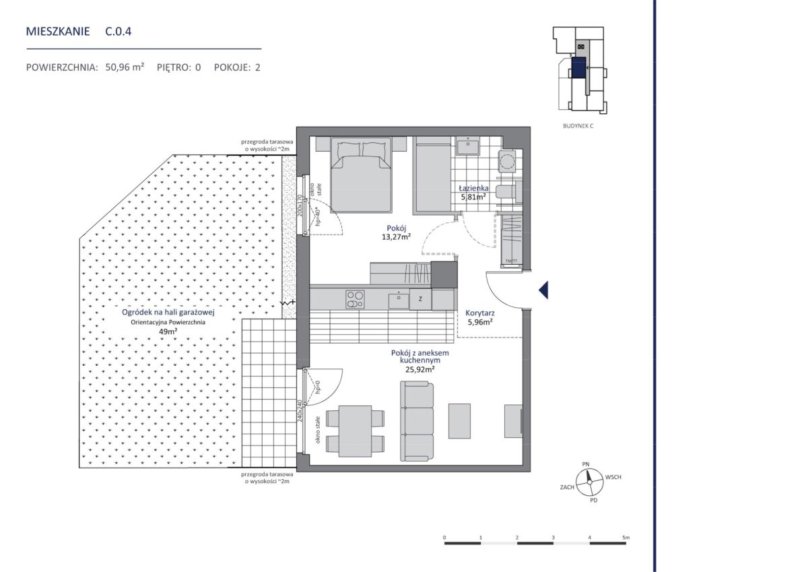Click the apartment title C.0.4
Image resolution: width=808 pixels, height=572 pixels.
coord(119,32)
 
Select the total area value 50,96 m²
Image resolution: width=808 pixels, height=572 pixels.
coord(125,67)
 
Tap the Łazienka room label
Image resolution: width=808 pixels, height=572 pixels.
coord(473,188)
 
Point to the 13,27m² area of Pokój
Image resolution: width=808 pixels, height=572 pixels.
coord(397,236)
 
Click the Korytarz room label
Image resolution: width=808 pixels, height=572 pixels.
coord(479,313)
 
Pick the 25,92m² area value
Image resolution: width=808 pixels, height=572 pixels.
coord(420,369)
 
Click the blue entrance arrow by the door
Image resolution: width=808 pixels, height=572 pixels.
coord(543,290)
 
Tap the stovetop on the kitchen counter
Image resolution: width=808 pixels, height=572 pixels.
coord(355,300)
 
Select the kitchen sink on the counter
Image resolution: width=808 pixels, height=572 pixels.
coord(399,301)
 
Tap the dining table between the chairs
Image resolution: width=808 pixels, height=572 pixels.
coord(356,431)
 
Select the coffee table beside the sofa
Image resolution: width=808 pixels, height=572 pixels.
coord(459,421)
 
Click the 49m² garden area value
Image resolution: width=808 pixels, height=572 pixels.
coord(168,331)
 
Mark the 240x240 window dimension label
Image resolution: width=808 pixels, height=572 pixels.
coord(299,410)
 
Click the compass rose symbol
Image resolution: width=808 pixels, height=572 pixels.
coord(589,482)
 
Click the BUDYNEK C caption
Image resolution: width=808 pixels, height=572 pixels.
coord(578,126)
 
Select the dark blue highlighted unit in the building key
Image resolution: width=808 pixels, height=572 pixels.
coord(578,67)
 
